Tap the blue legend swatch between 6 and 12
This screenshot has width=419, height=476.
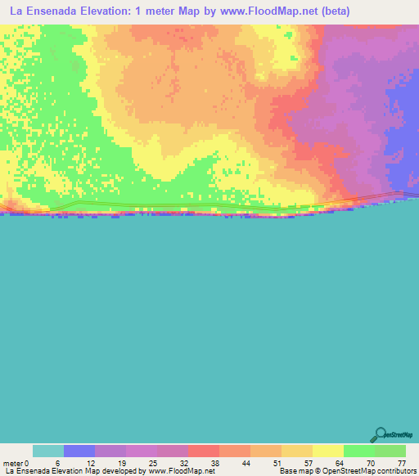[x=79, y=451]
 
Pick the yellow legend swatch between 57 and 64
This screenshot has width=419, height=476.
[x=328, y=451]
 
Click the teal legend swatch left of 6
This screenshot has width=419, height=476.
[x=48, y=451]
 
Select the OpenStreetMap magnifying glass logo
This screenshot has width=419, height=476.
[x=380, y=433]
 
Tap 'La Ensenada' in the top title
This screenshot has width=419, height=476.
[x=44, y=12]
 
